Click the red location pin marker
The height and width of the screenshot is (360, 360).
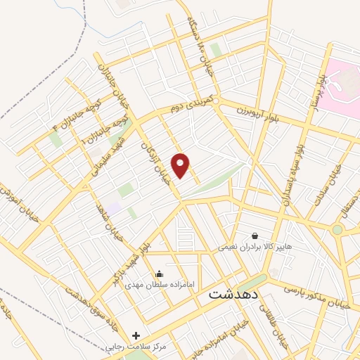[x=181, y=165]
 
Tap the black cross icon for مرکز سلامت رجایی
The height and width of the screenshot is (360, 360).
[x=136, y=336]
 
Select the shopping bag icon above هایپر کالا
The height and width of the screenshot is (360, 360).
[x=254, y=236]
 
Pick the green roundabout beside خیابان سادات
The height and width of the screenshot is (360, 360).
[x=337, y=229]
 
